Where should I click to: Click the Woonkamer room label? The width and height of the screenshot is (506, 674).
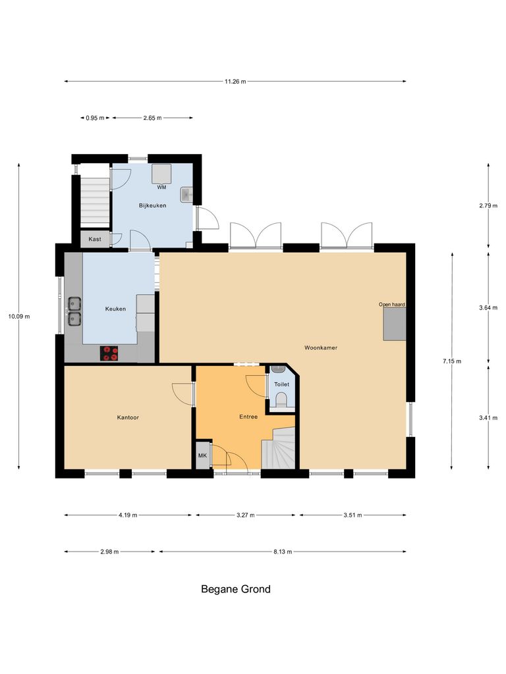click(x=321, y=347)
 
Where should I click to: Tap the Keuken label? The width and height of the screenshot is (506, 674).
click(x=115, y=308)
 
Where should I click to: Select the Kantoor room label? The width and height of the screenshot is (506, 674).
click(x=128, y=417)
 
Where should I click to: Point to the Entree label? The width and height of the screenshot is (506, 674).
click(x=248, y=417)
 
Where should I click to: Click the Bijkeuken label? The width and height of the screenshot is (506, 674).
click(x=152, y=205)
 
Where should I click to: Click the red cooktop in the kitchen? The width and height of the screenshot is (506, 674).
click(x=109, y=353)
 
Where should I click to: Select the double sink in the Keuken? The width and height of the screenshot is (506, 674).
click(x=74, y=311)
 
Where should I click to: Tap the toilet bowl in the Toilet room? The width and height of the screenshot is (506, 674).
click(x=281, y=400)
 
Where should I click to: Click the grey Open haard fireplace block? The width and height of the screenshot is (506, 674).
click(x=395, y=324)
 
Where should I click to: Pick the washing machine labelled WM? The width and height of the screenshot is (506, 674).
click(x=161, y=174)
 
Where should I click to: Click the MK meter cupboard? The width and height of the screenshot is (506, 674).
click(x=202, y=455)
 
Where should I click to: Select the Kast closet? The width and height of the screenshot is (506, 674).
click(x=95, y=239)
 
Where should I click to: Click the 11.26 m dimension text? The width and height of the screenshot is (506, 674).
click(x=235, y=82)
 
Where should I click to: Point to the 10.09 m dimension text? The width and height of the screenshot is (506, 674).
click(x=18, y=317)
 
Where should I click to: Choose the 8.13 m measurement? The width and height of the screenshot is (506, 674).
click(x=283, y=552)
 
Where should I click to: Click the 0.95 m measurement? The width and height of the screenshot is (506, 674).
click(x=95, y=118)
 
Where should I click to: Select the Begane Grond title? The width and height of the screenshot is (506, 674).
click(x=235, y=589)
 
